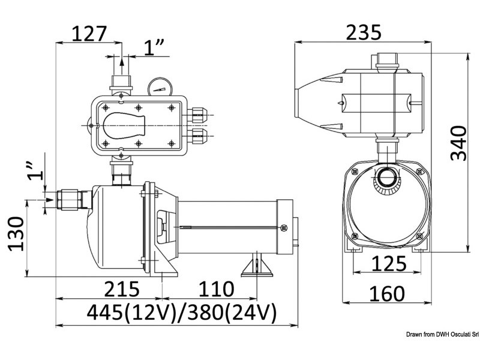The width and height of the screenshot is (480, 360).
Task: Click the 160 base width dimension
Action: pos(385,294)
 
